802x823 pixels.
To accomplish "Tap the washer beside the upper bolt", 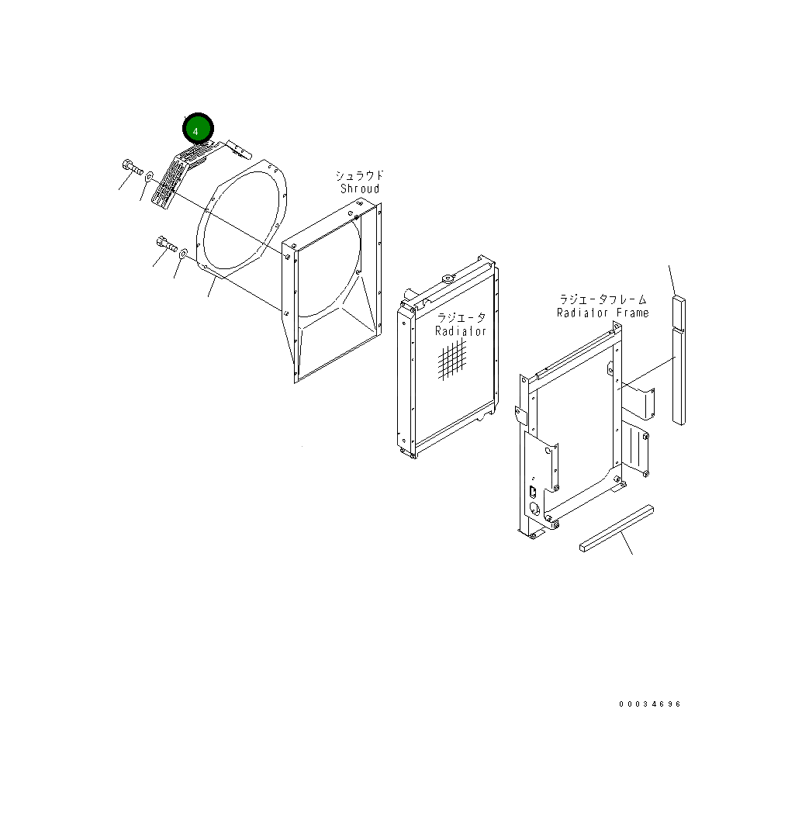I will click(147, 178).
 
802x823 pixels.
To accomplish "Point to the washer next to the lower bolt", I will click(183, 253).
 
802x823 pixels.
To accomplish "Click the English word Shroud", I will click(360, 188).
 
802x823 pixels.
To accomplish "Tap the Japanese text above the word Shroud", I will click(359, 175).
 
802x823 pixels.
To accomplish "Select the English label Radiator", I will click(460, 331).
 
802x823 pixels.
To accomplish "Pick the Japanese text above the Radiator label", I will click(461, 318).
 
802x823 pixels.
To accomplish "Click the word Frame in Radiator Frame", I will click(632, 313).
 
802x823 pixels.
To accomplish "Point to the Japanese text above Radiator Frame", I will click(603, 299).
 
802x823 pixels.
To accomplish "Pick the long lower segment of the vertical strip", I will click(679, 375).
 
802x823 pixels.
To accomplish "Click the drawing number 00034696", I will click(649, 704).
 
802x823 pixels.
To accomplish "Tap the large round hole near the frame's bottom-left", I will click(534, 509).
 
